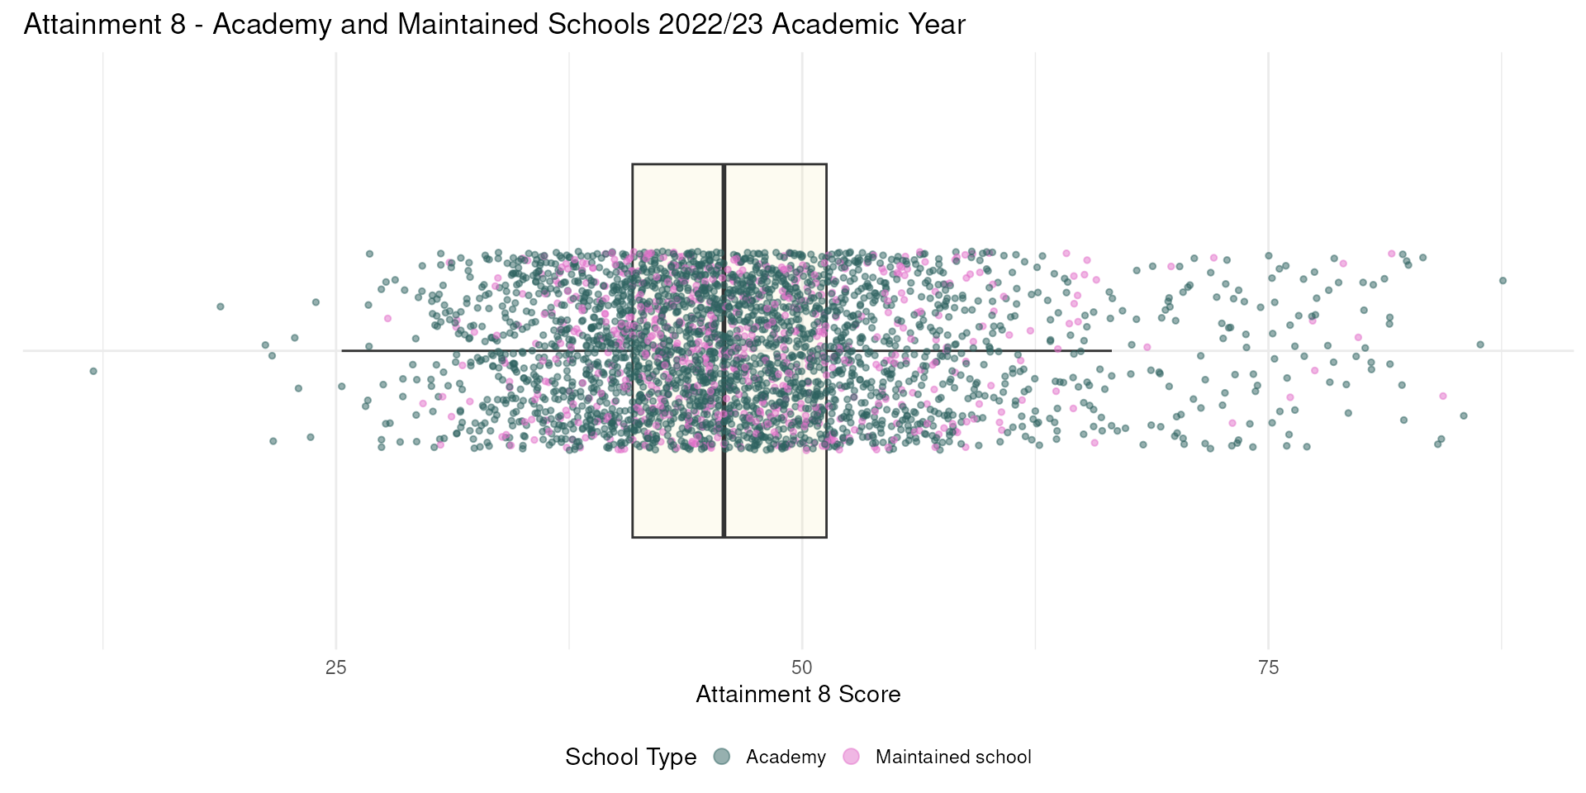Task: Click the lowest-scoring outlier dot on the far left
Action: click(93, 371)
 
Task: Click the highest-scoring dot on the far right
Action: click(1503, 281)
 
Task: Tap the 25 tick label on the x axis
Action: click(336, 667)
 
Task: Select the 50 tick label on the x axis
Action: click(802, 667)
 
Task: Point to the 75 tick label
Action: click(1268, 667)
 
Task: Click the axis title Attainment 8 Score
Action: click(798, 694)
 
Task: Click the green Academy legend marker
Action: click(722, 757)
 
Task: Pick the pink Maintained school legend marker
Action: click(851, 757)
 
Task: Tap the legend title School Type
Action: click(630, 757)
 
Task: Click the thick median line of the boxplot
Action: click(724, 351)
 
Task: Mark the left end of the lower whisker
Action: click(342, 351)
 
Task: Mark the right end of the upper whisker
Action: click(1111, 351)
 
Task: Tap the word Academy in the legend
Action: click(786, 757)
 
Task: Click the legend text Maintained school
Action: click(953, 757)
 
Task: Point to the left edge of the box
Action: click(633, 351)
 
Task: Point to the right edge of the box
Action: click(826, 351)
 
